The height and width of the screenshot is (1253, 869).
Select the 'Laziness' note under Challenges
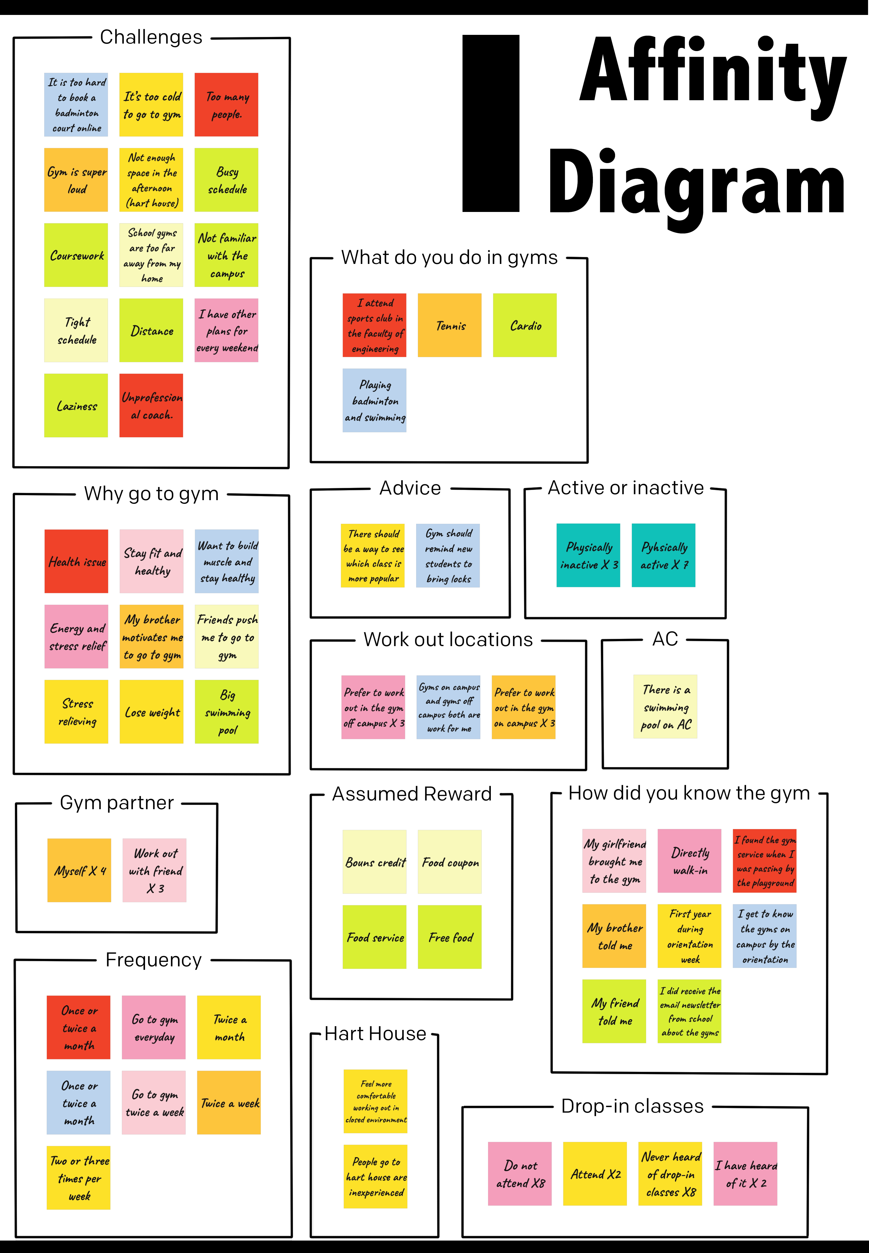point(76,406)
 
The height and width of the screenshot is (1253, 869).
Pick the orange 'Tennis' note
point(450,326)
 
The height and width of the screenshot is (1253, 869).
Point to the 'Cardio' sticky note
point(525,326)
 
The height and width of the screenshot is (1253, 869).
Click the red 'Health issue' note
point(76,561)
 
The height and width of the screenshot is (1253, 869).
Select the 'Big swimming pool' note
point(227,712)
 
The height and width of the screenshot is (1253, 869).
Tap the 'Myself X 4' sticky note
point(79,871)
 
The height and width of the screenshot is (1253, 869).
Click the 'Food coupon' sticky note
point(450,862)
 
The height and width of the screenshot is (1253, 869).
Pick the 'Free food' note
point(450,937)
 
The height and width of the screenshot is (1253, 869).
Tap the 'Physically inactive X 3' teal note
point(588,555)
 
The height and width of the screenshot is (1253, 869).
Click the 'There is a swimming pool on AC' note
point(665,706)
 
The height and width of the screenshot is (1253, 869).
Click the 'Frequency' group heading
point(153,960)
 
